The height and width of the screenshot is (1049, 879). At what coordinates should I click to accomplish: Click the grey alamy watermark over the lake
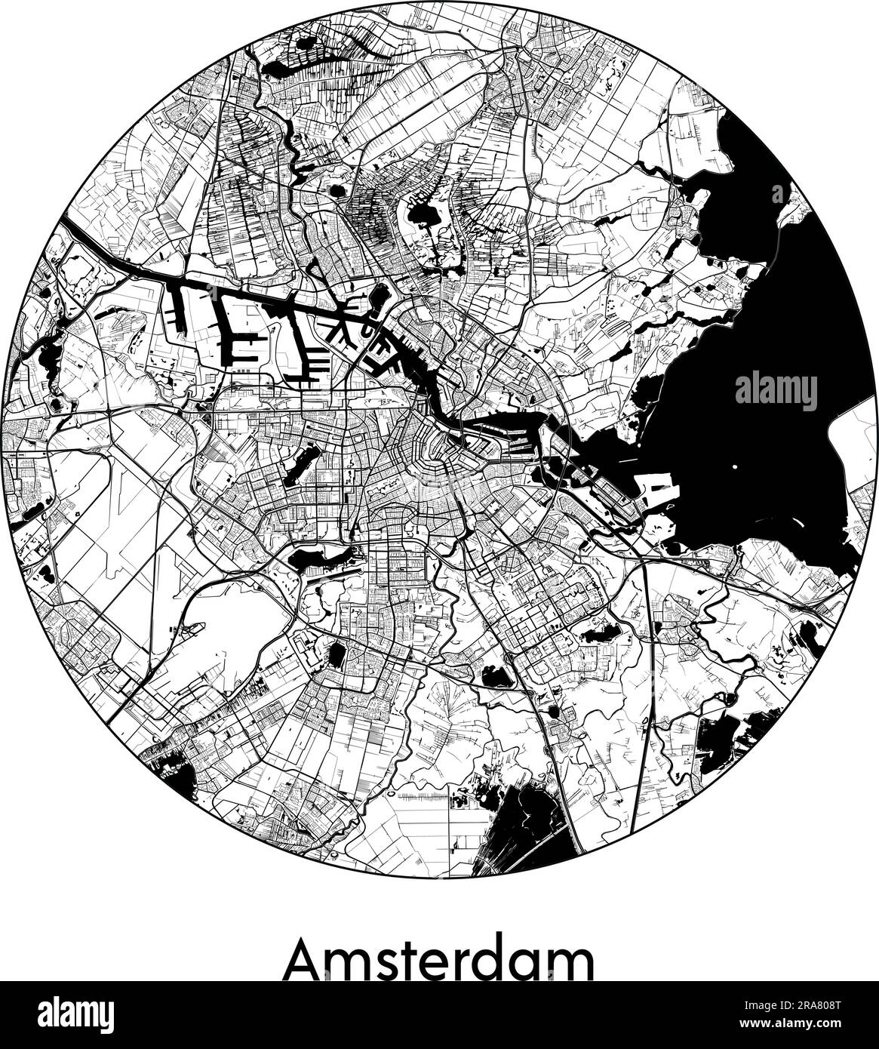pos(776,391)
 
